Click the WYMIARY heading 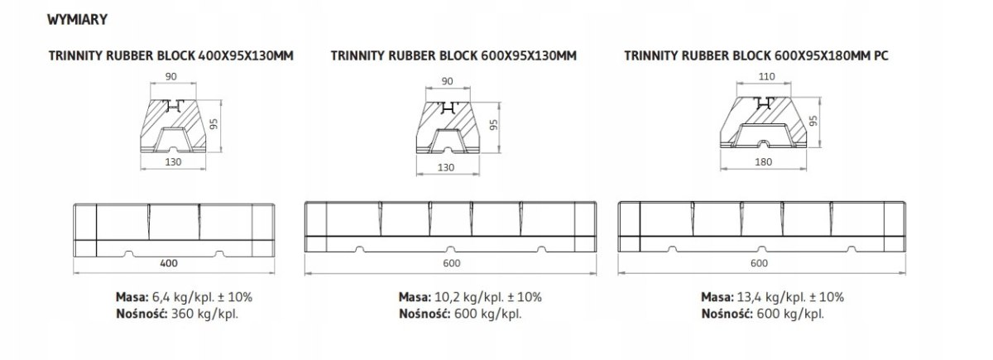point(77,20)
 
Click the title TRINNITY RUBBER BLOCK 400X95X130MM point(171,56)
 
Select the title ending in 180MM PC point(756,56)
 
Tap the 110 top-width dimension point(766,76)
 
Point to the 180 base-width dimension point(763,162)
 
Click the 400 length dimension point(169,263)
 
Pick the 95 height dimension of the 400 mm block point(214,124)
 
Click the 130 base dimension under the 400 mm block point(173,162)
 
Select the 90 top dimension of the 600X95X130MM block point(448,81)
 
